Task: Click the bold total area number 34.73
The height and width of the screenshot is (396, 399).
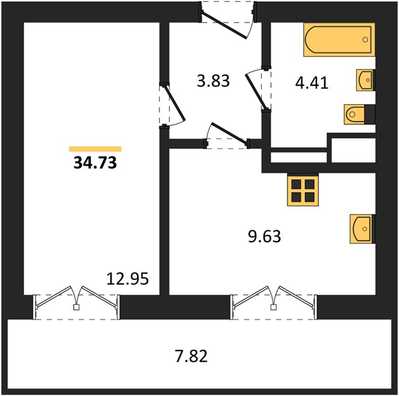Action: pos(95,163)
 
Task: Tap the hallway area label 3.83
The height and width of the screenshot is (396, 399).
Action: pos(213,81)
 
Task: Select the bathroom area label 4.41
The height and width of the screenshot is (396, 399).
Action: pos(312,82)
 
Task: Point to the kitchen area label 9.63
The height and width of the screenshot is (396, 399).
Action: pos(264,236)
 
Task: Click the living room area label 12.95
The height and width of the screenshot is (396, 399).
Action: pos(127,279)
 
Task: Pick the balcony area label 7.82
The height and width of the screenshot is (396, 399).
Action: pos(191,356)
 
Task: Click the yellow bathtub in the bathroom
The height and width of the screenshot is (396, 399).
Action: pos(339,40)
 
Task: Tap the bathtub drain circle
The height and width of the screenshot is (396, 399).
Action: pos(365,40)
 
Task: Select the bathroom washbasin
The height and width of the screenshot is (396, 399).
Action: pos(365,80)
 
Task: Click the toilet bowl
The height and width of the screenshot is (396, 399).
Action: pos(354,114)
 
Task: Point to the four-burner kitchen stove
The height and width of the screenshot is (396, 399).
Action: pos(303,190)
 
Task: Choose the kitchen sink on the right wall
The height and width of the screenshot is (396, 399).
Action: pos(362,229)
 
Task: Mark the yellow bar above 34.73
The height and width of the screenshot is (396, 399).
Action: pos(95,149)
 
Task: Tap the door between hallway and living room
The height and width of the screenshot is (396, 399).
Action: pos(172,105)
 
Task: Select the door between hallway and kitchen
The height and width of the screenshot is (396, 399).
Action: pos(227,135)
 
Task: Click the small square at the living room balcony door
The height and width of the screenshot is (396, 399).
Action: pos(76,308)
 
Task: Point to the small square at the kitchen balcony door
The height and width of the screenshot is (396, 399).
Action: pos(273,308)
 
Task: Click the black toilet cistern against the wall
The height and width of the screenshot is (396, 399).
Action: pos(370,114)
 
